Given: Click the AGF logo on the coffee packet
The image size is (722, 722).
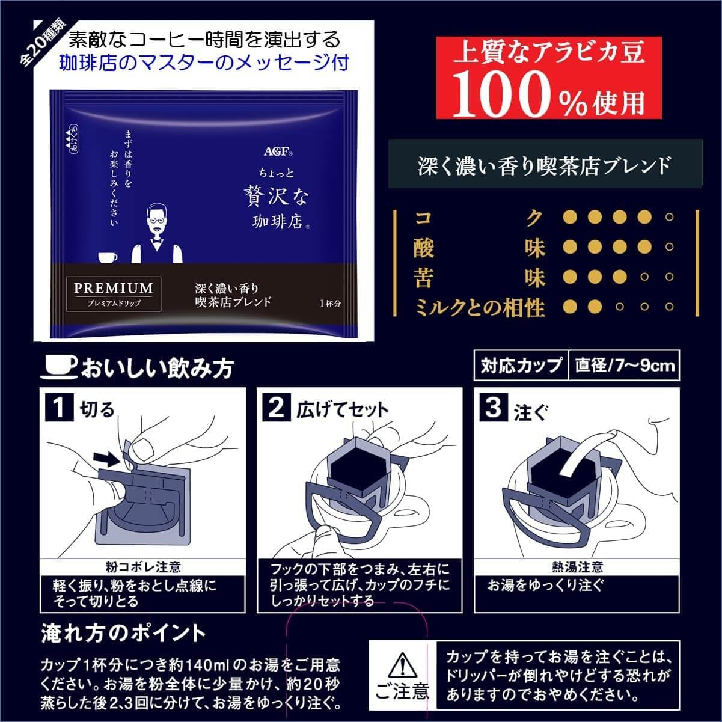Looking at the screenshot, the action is [x=278, y=151].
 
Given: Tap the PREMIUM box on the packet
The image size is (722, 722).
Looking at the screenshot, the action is [x=114, y=294].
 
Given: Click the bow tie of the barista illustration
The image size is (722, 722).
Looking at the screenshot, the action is [x=157, y=243].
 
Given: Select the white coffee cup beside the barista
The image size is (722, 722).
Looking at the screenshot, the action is [x=108, y=258].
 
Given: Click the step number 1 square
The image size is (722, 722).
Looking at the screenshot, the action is [x=59, y=407].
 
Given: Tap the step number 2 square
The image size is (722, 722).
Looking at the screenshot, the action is [x=277, y=407].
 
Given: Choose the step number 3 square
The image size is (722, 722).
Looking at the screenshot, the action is [x=494, y=407].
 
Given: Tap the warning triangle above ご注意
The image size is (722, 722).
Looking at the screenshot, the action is [x=402, y=665].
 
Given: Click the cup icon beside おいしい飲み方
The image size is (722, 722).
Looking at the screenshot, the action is [x=60, y=366].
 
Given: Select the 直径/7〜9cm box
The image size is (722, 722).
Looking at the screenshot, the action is [x=624, y=366].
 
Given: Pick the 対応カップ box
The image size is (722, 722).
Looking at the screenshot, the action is [x=521, y=366].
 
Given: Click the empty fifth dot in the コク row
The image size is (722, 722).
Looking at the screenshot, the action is [x=670, y=217].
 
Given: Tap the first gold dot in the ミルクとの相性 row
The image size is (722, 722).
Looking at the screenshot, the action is [x=570, y=307].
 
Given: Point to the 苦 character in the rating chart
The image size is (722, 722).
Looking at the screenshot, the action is [x=423, y=277].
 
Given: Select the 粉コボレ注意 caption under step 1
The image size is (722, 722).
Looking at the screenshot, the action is [x=143, y=567].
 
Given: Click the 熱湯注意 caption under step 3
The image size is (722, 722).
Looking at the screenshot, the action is [x=577, y=567].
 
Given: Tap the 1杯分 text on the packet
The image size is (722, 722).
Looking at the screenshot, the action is [x=330, y=303].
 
